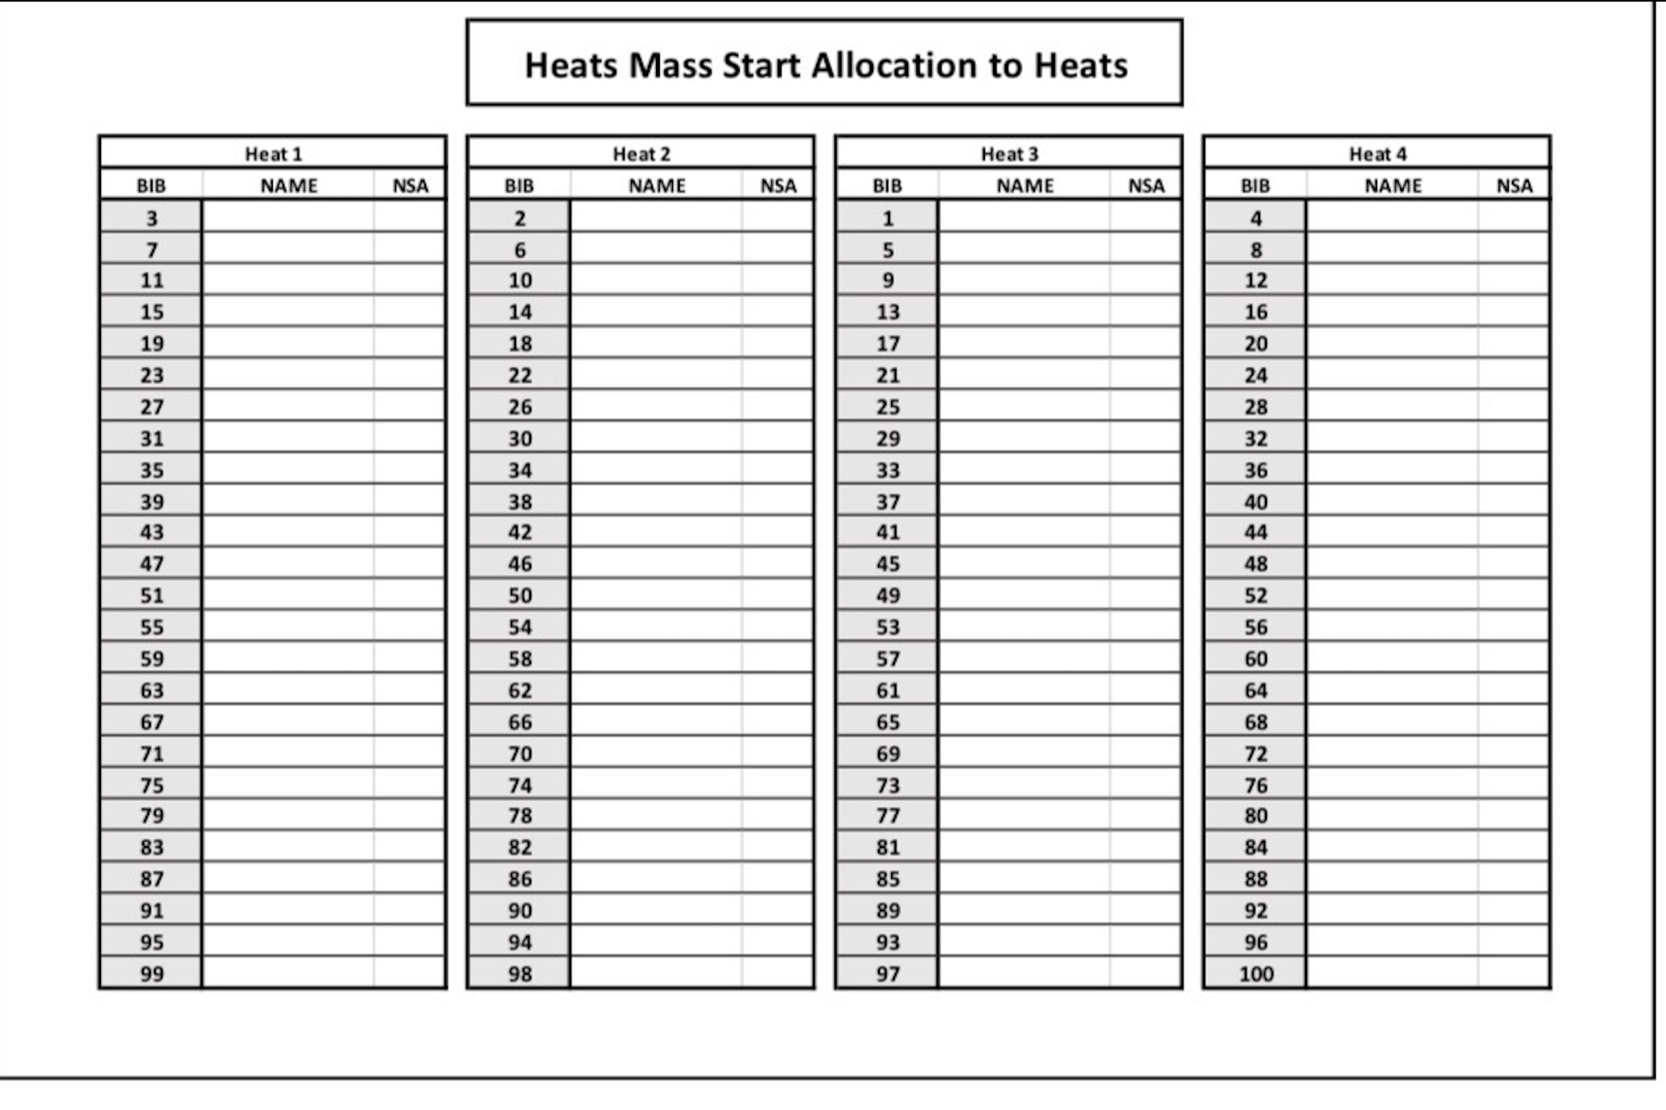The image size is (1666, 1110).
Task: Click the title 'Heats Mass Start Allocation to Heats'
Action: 825,65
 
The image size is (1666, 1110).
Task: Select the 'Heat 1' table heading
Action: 273,154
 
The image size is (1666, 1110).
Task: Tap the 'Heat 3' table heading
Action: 1009,154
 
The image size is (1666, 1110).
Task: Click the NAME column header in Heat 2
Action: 657,186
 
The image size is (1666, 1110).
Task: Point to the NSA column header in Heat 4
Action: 1514,186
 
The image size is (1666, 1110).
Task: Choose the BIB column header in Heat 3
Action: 887,186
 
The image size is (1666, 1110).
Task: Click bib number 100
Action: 1256,974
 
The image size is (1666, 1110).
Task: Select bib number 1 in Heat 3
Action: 888,218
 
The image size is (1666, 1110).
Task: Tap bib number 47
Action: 152,564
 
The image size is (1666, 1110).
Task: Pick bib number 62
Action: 520,691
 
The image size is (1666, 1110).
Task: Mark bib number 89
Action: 888,911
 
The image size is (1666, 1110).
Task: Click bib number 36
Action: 1256,470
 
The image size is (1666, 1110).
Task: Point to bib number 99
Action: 152,974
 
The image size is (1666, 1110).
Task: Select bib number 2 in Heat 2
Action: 520,218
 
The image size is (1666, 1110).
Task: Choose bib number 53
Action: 888,627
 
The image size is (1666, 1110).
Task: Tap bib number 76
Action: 1256,785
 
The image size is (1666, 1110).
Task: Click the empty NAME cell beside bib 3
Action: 287,217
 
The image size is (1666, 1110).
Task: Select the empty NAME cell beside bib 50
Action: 656,595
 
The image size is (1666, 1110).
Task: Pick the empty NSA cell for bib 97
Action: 1145,973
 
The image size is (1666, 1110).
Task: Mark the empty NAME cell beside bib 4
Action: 1392,217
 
